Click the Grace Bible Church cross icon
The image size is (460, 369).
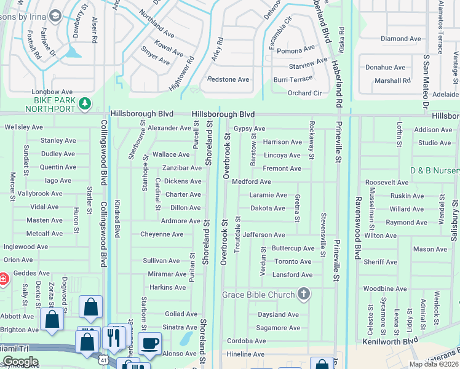303,294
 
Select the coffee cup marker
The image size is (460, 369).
149,344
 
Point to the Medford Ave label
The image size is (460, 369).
251,182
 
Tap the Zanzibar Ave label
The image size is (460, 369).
181,169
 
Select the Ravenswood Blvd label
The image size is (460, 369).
357,228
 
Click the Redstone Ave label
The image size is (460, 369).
228,79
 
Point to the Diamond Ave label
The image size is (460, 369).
401,39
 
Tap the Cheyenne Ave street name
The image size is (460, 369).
162,234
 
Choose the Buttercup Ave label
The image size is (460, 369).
293,248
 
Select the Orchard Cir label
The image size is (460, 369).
304,93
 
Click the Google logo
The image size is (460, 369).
20,362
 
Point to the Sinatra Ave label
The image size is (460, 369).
180,327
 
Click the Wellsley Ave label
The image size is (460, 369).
23,127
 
